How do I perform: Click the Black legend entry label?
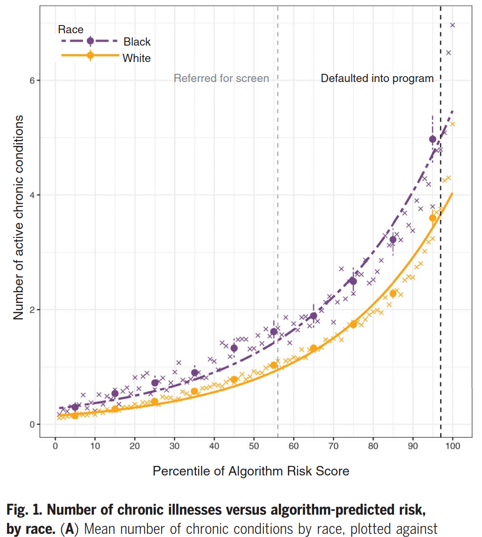click(x=137, y=42)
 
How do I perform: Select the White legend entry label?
click(x=136, y=58)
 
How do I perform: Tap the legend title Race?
click(x=71, y=30)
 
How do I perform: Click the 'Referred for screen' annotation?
click(x=221, y=78)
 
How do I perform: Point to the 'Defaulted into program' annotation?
click(x=377, y=78)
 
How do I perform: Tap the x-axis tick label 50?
click(x=254, y=446)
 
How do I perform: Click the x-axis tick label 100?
click(x=453, y=446)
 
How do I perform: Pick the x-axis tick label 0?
click(x=55, y=446)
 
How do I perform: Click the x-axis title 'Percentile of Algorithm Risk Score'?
click(x=251, y=471)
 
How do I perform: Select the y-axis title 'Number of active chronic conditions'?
click(x=18, y=217)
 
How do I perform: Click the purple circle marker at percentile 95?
click(x=433, y=139)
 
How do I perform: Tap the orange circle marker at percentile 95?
click(x=433, y=218)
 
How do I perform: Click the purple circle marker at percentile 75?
click(x=353, y=281)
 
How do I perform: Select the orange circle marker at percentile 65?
click(x=313, y=348)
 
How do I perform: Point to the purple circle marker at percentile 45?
click(x=234, y=348)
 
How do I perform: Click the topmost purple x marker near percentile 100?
click(x=452, y=25)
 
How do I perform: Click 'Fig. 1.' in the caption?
click(x=25, y=509)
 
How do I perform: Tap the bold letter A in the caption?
click(x=69, y=529)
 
